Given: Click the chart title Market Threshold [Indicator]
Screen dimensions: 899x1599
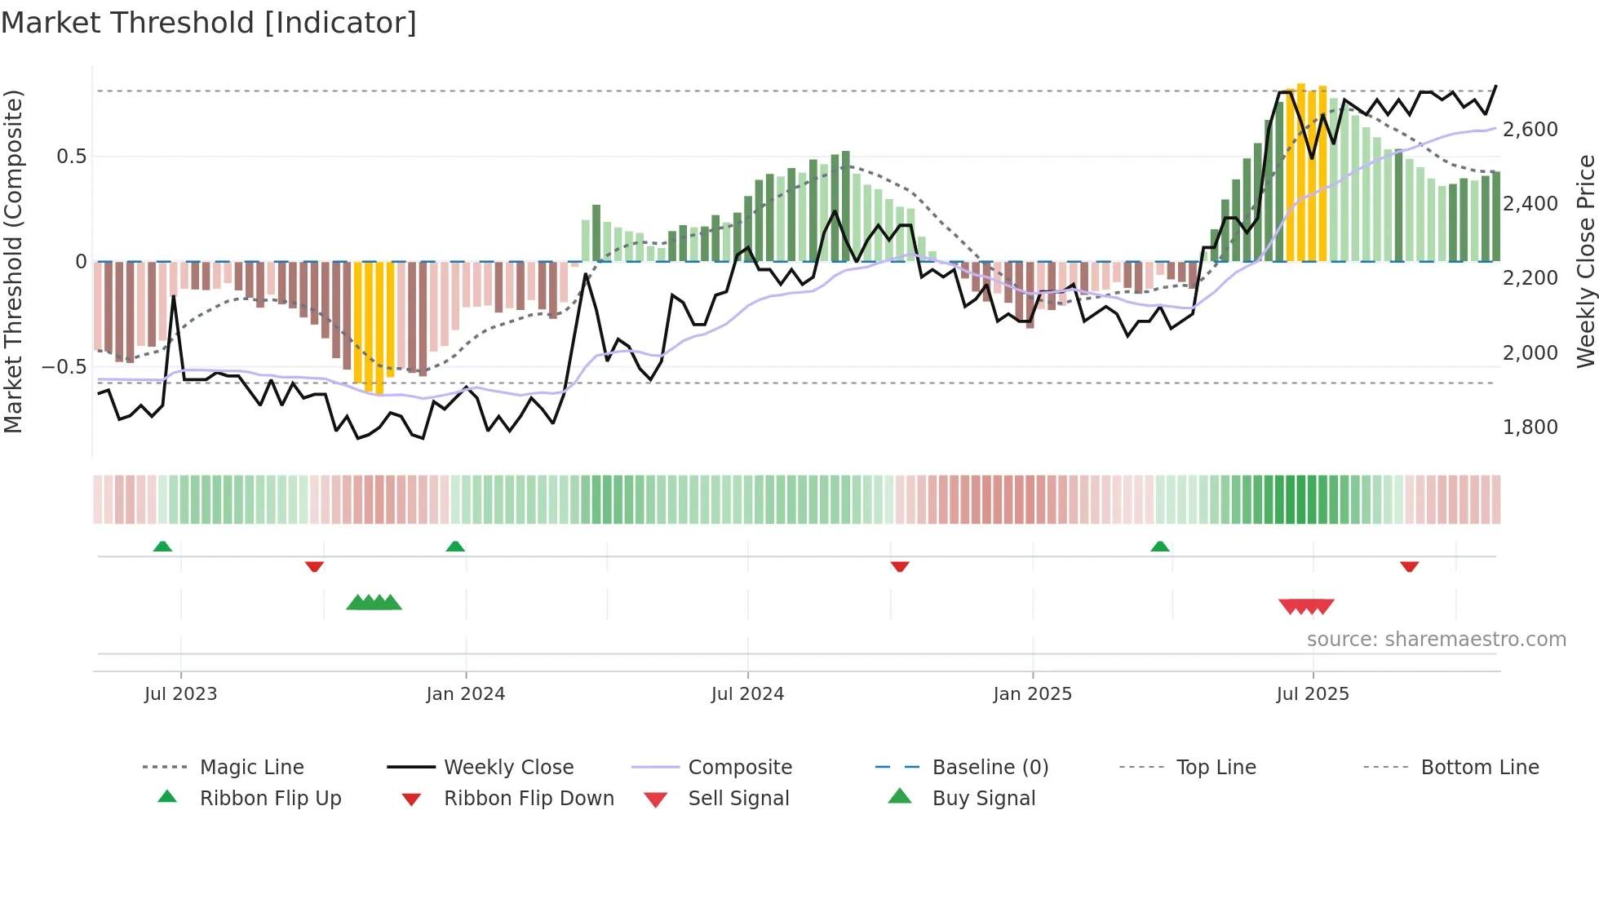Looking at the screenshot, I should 209,23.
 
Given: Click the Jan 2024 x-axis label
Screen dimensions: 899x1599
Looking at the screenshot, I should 466,694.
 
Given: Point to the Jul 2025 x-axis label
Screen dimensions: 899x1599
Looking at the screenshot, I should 1313,694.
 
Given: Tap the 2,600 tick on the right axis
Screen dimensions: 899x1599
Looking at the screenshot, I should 1530,130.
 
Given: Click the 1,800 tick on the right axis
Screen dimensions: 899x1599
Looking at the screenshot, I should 1530,427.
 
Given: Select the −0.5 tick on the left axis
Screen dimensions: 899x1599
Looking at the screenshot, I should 64,367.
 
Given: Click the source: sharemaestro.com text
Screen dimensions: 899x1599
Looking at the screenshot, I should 1436,640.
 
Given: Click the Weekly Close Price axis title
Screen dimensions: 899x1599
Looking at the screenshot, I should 1585,261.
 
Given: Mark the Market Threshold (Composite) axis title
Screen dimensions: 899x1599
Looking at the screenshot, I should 13,261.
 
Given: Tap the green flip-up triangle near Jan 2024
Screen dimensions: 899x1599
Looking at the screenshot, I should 455,547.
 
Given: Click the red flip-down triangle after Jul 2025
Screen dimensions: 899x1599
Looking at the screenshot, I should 1409,566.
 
